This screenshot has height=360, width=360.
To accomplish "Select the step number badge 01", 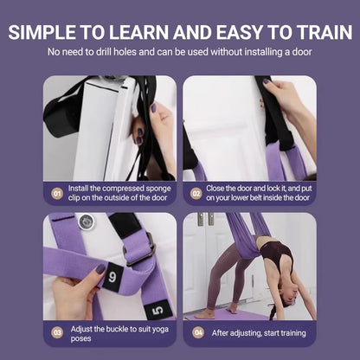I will pyautogui.click(x=57, y=195).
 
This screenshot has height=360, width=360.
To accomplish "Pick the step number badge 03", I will pyautogui.click(x=57, y=331).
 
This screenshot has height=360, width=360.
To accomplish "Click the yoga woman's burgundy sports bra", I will pyautogui.click(x=280, y=254).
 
